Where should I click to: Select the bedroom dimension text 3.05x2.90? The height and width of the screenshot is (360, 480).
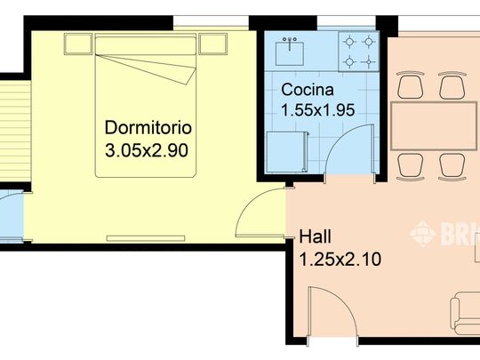pyautogui.click(x=146, y=150)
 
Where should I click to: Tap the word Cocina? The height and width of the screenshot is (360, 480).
pyautogui.click(x=307, y=90)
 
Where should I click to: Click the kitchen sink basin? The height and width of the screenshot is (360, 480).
pyautogui.click(x=290, y=52)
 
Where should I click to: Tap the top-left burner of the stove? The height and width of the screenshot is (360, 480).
pyautogui.click(x=349, y=42)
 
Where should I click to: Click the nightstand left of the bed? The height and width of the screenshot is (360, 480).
pyautogui.click(x=76, y=44)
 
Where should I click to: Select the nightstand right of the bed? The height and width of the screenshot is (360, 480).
pyautogui.click(x=213, y=44)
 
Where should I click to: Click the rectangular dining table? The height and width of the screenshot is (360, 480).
pyautogui.click(x=434, y=125)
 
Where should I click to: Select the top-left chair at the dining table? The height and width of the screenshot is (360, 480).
pyautogui.click(x=410, y=86)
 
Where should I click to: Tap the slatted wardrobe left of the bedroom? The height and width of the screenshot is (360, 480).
pyautogui.click(x=12, y=130)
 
